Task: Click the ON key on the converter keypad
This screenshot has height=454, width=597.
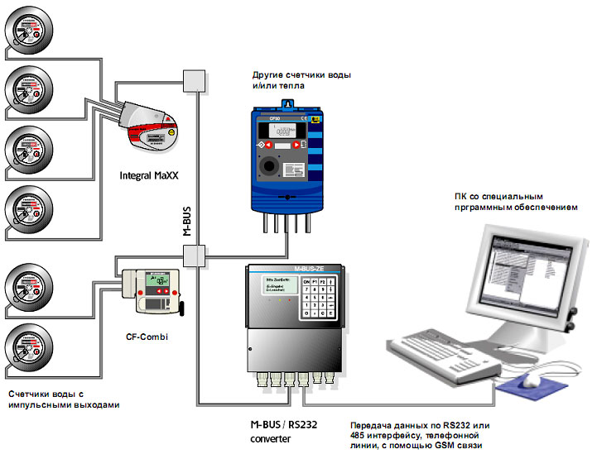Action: (307, 282)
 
